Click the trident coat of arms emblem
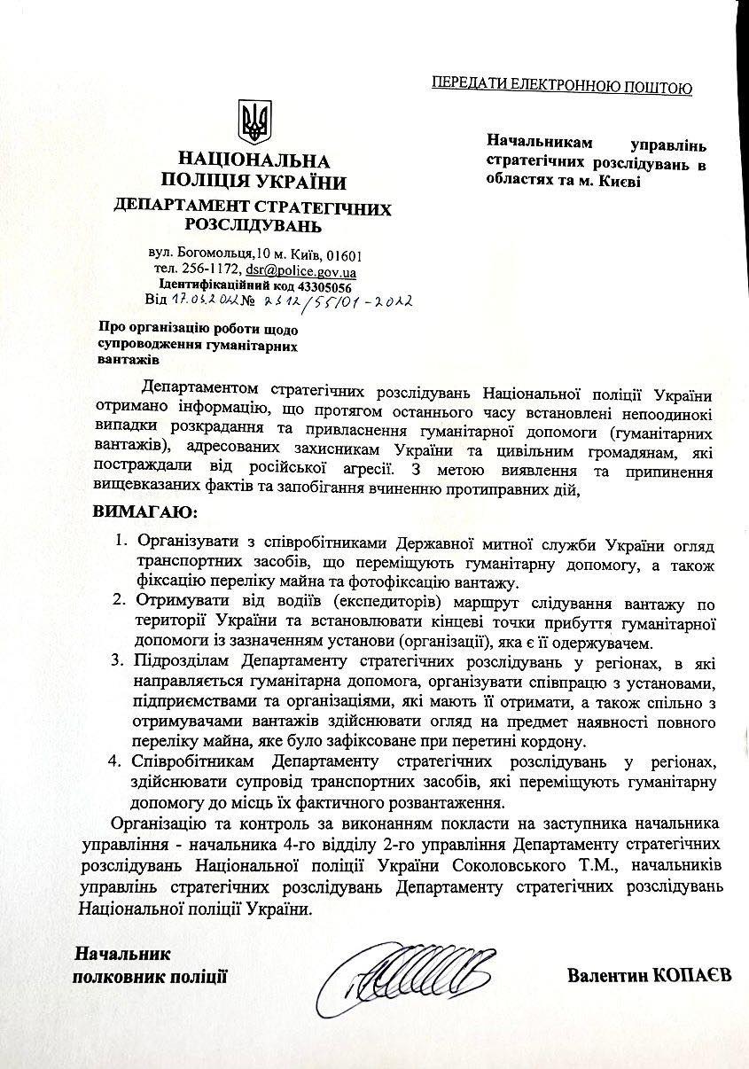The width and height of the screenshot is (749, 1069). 255,121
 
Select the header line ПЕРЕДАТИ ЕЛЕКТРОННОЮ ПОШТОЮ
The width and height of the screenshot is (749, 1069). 561,85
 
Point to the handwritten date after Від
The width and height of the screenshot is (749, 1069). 201,300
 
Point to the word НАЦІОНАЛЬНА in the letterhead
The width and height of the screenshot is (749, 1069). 254,160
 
